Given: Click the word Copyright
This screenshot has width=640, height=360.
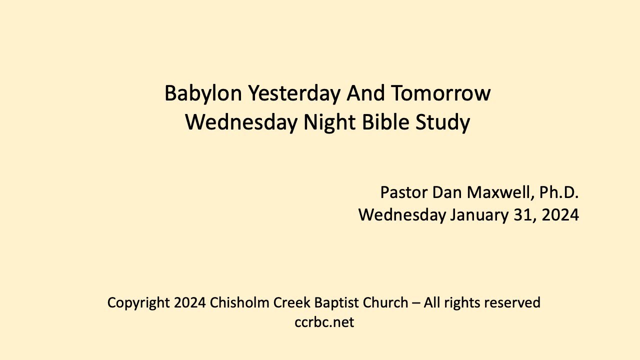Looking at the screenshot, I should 138,302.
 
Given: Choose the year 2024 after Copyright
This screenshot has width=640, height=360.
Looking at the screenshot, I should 190,302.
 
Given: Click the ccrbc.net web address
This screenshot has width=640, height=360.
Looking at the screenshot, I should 324,322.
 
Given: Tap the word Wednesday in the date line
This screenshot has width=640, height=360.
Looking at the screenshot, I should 401,215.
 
